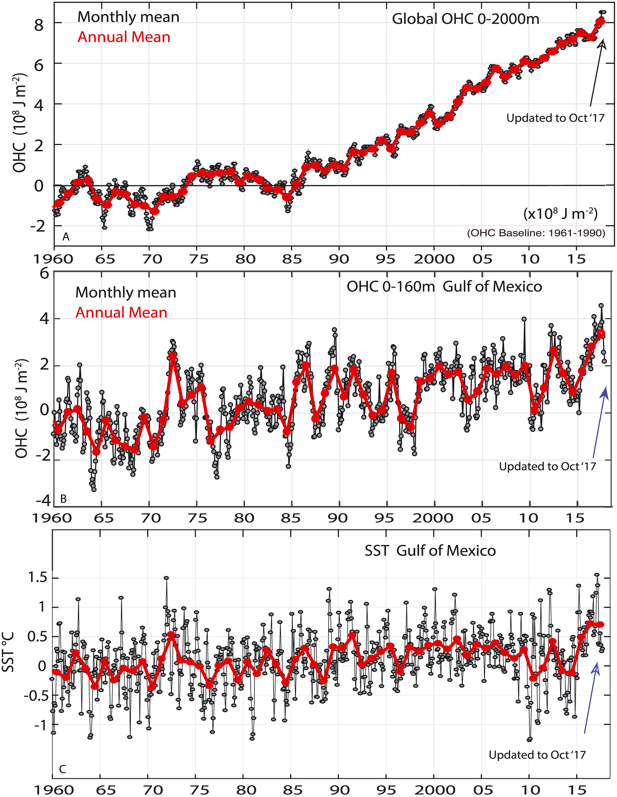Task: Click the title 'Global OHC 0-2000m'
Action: (465, 19)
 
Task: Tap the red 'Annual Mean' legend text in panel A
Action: (124, 37)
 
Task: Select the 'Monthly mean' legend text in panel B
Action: (126, 293)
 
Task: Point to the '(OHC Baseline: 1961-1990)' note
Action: (536, 233)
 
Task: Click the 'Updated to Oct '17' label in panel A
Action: (555, 118)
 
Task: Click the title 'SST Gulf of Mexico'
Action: (430, 551)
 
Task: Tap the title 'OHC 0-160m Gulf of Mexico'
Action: (444, 287)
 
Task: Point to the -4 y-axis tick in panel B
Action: (43, 501)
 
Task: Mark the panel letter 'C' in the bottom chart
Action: (62, 769)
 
